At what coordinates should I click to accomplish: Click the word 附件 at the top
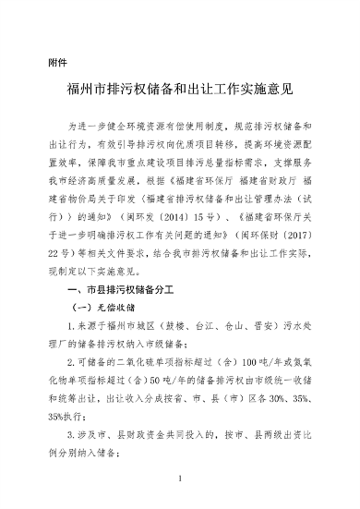[57, 62]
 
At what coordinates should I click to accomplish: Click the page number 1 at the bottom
[180, 480]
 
